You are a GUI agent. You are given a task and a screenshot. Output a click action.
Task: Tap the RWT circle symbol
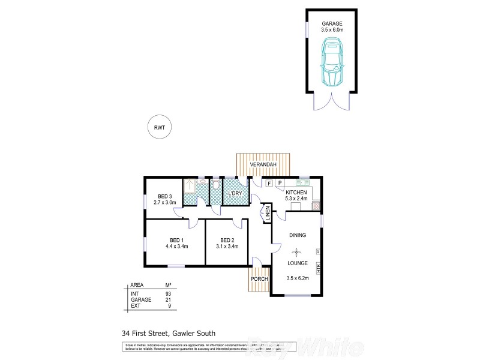[x=159, y=127]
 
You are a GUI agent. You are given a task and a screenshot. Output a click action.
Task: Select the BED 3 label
[x=165, y=196]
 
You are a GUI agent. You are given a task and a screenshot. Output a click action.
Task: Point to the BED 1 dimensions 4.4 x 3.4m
[x=177, y=246]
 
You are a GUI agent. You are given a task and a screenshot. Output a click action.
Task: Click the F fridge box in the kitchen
[x=269, y=182]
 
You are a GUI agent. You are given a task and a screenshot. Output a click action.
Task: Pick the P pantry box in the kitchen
[x=280, y=182]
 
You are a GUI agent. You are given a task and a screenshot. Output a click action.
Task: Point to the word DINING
[x=298, y=235]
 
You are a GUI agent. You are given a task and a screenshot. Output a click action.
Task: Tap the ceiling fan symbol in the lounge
[x=298, y=253]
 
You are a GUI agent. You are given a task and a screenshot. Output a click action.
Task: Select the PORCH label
[x=259, y=279]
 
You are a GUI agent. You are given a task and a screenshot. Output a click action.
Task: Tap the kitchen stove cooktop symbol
[x=315, y=206]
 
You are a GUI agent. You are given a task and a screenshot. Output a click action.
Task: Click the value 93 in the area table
[x=169, y=293]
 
